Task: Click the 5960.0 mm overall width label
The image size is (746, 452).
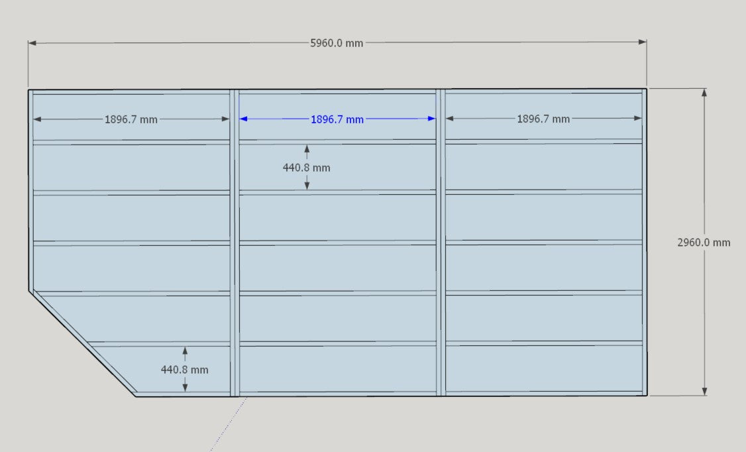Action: click(337, 43)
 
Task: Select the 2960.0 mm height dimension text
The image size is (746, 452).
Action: click(704, 243)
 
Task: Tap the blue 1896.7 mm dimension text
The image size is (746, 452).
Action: click(337, 119)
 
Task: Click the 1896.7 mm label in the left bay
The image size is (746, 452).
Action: click(131, 119)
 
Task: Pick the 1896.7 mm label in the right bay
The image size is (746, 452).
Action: click(543, 119)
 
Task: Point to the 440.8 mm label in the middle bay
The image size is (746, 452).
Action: click(306, 168)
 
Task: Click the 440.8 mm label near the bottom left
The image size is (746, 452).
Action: click(185, 370)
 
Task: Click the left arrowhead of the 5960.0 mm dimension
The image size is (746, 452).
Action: click(32, 43)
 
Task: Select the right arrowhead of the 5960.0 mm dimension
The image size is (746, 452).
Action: click(642, 42)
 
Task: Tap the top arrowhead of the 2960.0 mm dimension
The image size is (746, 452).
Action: click(704, 92)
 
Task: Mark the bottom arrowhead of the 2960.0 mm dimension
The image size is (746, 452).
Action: click(705, 391)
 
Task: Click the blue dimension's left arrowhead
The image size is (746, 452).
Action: click(243, 119)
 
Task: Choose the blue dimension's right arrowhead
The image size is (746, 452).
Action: click(431, 119)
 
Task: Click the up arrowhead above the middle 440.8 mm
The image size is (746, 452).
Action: click(307, 148)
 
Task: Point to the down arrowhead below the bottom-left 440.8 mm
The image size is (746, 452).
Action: click(185, 388)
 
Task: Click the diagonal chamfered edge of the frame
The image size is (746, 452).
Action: click(82, 343)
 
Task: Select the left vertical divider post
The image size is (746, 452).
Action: click(235, 243)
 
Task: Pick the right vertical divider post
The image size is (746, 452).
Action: click(441, 242)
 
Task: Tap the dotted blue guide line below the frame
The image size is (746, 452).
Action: click(229, 424)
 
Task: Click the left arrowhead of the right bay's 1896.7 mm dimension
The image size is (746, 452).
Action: click(450, 119)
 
